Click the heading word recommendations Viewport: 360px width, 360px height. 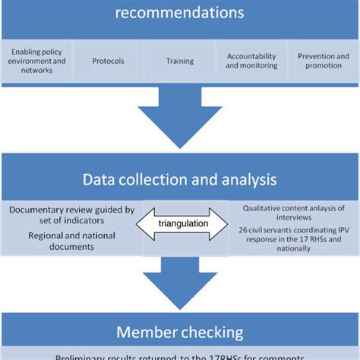[179, 13]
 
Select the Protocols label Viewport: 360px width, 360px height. [108, 61]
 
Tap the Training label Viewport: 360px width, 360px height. [180, 61]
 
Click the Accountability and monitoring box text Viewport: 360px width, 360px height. [251, 61]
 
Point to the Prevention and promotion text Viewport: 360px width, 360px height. [323, 61]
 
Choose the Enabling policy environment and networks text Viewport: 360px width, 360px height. [36, 61]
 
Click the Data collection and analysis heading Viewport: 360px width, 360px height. [179, 180]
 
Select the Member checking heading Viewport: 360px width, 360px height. [179, 331]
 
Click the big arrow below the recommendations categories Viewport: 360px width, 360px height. [179, 118]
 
